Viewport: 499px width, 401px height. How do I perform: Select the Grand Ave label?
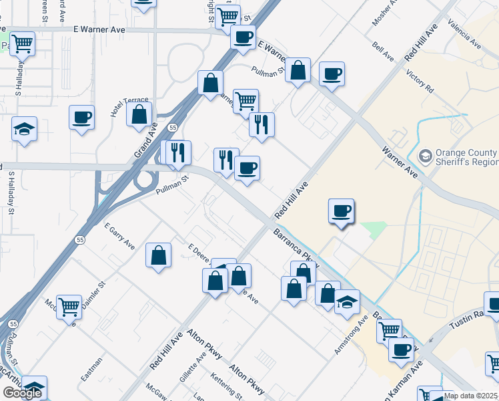click(x=145, y=140)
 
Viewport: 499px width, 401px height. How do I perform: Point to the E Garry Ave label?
click(x=119, y=237)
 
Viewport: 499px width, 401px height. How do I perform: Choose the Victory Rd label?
click(x=420, y=81)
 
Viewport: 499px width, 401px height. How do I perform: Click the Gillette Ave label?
click(x=193, y=369)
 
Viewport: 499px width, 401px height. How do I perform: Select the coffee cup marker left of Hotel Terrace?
click(x=82, y=118)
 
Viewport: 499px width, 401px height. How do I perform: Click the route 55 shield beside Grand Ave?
click(x=172, y=126)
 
